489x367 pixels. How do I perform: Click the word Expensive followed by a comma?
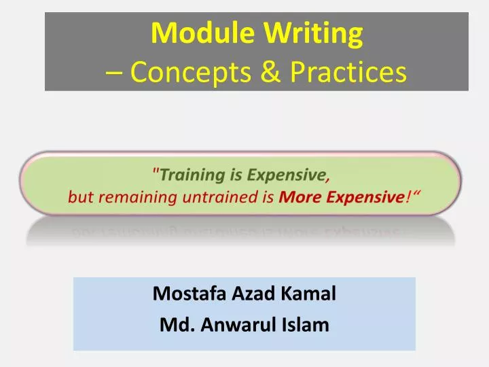tap(285, 175)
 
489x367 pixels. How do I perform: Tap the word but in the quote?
tap(79, 198)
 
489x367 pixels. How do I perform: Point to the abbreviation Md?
tap(176, 325)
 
